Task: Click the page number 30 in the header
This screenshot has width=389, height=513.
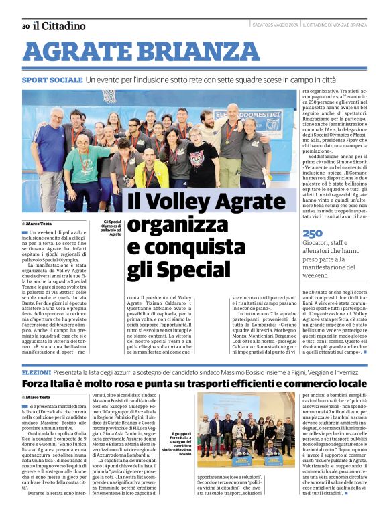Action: pyautogui.click(x=25, y=26)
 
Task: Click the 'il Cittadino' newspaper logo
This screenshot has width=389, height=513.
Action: pyautogui.click(x=60, y=25)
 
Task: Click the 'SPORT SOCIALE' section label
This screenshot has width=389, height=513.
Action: pyautogui.click(x=52, y=80)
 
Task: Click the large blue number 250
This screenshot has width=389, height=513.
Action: pyautogui.click(x=313, y=234)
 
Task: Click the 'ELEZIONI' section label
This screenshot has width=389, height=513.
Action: pyautogui.click(x=36, y=371)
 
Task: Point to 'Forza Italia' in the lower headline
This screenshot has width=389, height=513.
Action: pyautogui.click(x=57, y=384)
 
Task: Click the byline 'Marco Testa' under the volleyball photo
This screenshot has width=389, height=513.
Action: pyautogui.click(x=40, y=223)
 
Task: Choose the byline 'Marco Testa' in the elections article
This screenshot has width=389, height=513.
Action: pyautogui.click(x=40, y=398)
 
